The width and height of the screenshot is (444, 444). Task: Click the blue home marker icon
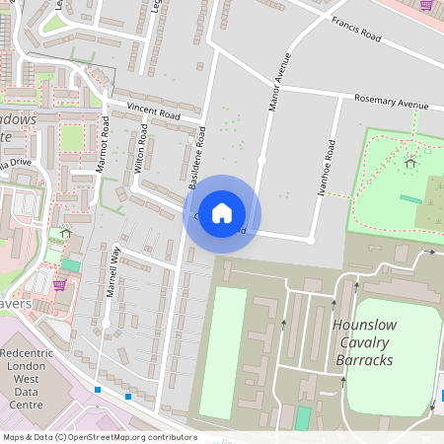point(222,213)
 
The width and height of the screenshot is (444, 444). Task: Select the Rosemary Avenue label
point(392,103)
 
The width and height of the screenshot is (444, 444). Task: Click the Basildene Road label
point(198,158)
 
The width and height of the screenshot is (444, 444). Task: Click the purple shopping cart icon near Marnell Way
point(59,285)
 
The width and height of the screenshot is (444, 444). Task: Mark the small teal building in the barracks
point(302,417)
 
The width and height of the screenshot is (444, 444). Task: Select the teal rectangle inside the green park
point(410,198)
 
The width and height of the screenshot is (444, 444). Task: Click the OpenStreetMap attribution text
point(99,437)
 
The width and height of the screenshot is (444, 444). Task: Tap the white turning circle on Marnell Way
point(106,323)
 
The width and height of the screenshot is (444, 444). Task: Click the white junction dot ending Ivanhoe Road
point(310,240)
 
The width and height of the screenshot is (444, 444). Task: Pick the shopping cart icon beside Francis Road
point(426,5)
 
